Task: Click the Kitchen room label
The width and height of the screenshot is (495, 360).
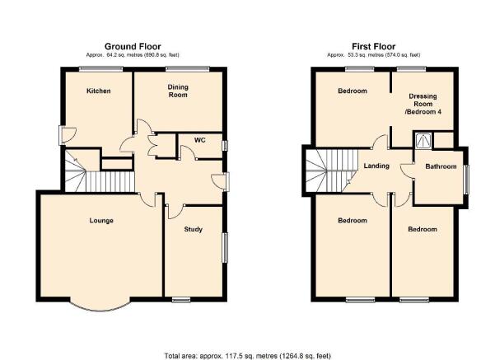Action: (x=99, y=91)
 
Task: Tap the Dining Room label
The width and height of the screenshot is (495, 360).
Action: (x=178, y=91)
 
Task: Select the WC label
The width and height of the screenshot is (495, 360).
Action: (x=200, y=140)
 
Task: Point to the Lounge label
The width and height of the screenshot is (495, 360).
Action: (x=101, y=221)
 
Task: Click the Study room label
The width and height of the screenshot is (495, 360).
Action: (x=193, y=229)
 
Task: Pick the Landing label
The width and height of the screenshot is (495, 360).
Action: (x=376, y=166)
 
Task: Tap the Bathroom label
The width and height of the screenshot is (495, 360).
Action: (x=441, y=166)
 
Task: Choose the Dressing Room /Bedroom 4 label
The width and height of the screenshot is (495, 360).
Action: (x=423, y=104)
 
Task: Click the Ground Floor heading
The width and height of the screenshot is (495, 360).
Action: (x=133, y=47)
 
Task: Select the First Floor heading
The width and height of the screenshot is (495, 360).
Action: (x=374, y=47)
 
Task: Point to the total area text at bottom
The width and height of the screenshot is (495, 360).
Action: (x=247, y=356)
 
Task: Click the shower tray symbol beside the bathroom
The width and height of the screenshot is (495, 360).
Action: (x=423, y=140)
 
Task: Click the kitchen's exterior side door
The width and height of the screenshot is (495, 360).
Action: (x=67, y=135)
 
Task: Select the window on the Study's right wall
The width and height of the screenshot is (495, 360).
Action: (x=226, y=248)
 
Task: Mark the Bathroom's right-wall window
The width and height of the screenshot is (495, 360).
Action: (x=466, y=179)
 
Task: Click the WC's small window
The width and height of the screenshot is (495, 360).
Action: (x=226, y=146)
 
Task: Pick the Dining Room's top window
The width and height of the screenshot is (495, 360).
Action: (x=188, y=68)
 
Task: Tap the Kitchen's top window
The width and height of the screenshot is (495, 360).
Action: (x=100, y=68)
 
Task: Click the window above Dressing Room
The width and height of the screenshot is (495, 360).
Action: (x=411, y=68)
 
